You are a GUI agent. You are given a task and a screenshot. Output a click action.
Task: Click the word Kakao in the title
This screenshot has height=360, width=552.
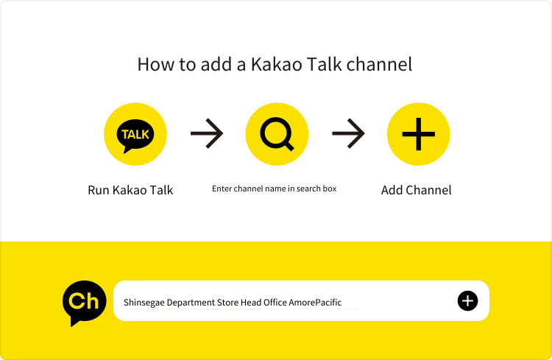pos(276,65)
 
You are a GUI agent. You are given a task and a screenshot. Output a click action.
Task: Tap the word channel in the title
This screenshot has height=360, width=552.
pos(379,65)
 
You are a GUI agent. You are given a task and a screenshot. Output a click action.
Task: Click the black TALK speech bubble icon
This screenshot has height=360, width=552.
pos(135,136)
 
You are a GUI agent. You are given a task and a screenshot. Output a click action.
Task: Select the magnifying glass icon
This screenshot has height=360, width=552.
pos(277,134)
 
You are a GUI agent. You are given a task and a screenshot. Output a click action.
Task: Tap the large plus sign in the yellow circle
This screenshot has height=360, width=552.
pos(419,134)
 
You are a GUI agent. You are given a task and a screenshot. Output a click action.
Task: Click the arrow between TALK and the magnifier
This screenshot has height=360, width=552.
pos(207,133)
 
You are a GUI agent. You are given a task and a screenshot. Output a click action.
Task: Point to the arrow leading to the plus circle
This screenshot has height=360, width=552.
pos(348,133)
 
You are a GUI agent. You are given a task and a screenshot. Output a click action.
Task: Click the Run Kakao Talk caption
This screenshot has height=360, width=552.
pos(130,190)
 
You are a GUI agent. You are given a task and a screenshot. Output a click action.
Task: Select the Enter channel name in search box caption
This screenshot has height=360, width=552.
pos(274,188)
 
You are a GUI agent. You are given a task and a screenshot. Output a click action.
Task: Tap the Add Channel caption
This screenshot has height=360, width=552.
pos(416,190)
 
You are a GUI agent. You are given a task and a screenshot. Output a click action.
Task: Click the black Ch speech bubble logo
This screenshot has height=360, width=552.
pos(84,303)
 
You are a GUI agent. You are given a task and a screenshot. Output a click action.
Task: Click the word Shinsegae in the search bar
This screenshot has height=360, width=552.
pos(144,303)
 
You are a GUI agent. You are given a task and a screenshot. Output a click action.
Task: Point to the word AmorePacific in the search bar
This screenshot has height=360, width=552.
pos(315,303)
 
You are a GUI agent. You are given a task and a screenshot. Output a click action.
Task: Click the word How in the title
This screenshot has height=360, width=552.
pos(156,65)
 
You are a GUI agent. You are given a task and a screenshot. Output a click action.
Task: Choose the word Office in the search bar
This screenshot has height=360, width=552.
pos(275,303)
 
